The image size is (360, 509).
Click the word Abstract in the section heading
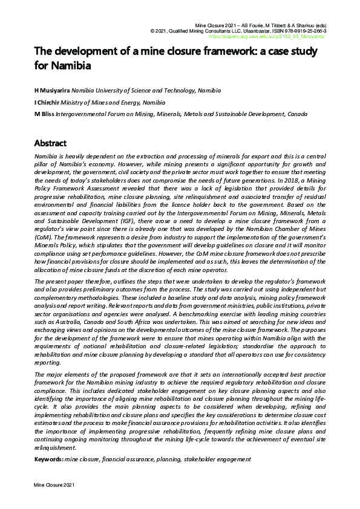click(x=50, y=143)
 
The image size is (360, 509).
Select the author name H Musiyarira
click(x=52, y=91)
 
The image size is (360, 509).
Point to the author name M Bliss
click(x=44, y=114)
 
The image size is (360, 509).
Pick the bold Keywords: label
click(x=48, y=459)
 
